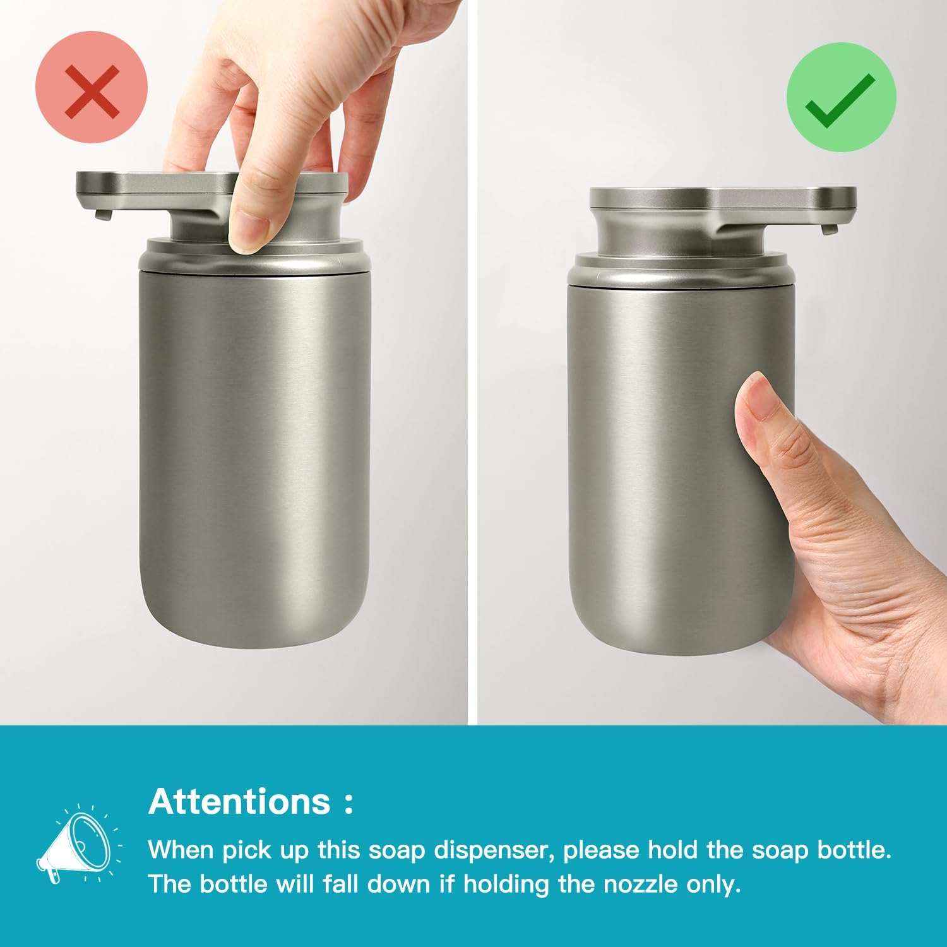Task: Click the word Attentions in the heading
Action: [x=239, y=801]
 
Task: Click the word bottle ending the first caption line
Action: [x=854, y=850]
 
